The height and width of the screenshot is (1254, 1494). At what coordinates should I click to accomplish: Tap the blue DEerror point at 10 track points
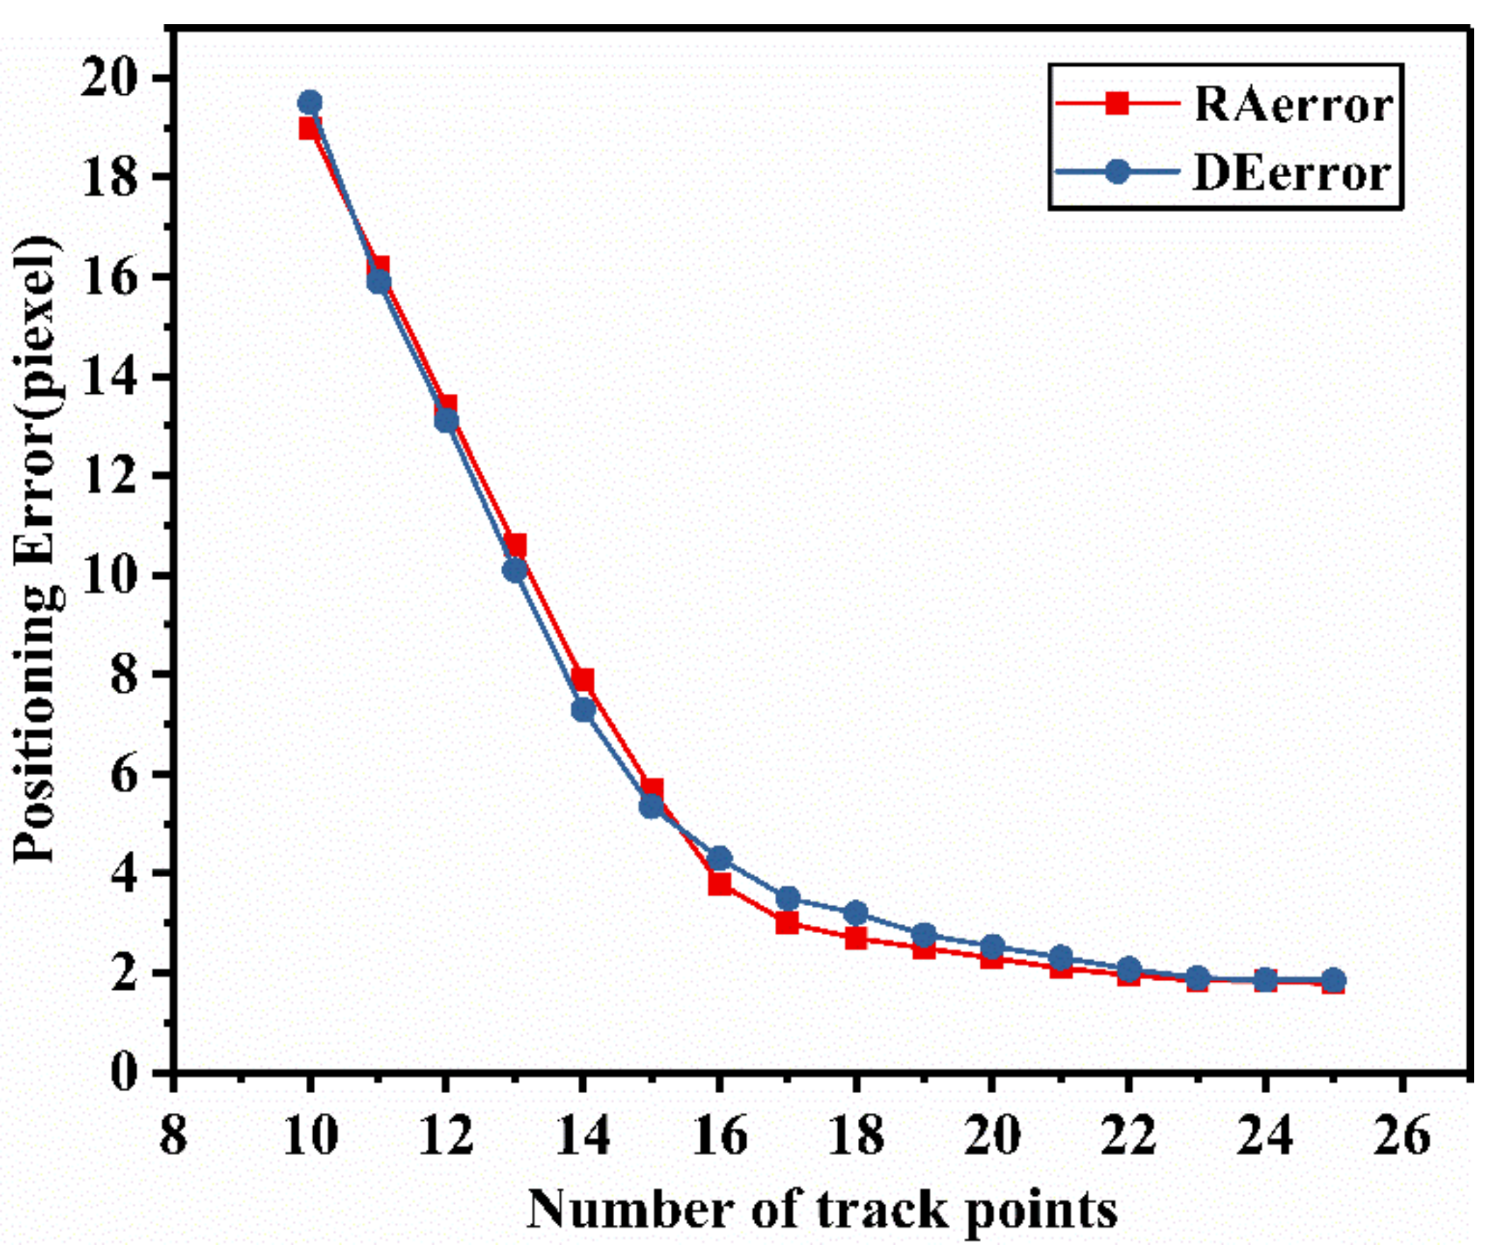click(x=310, y=103)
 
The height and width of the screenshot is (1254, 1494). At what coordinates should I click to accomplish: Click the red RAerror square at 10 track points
click(x=308, y=129)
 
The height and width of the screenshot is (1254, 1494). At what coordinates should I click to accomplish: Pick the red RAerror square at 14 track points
click(x=583, y=679)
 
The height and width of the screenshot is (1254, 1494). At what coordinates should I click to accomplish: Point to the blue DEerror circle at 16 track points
click(x=720, y=857)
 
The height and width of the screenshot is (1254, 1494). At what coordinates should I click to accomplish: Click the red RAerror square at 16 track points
click(x=719, y=884)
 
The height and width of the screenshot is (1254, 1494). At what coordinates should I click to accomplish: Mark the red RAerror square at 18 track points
click(x=856, y=938)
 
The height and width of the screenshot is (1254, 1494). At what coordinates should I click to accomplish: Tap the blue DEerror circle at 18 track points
click(x=856, y=913)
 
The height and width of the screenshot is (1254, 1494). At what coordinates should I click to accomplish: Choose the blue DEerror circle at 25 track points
click(x=1333, y=980)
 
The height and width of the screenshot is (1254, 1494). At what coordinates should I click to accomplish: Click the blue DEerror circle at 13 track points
click(x=515, y=570)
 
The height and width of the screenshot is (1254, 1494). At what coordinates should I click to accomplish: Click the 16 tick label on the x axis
click(x=719, y=1135)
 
